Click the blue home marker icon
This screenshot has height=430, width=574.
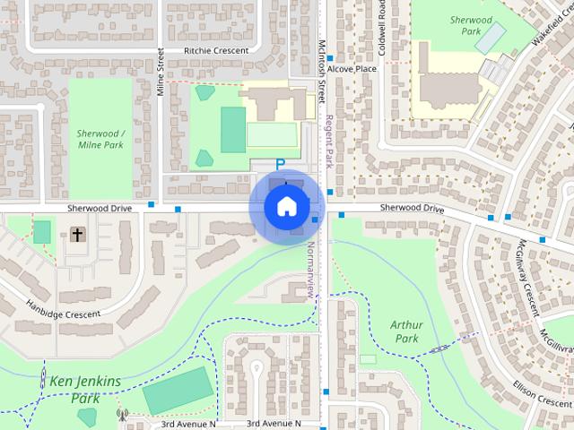coord(286,206)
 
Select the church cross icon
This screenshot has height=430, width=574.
coord(77,235)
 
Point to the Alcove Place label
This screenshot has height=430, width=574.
coord(352,68)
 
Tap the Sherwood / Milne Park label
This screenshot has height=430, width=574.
coord(100,139)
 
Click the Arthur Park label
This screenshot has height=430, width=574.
coord(405,331)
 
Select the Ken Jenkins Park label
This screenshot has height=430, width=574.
coord(84,389)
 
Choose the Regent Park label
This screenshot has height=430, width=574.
coord(330,139)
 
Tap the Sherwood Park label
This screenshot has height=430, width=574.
coord(472,25)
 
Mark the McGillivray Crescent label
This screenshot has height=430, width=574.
coord(529,277)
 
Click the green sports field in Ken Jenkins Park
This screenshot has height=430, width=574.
coord(178,391)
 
